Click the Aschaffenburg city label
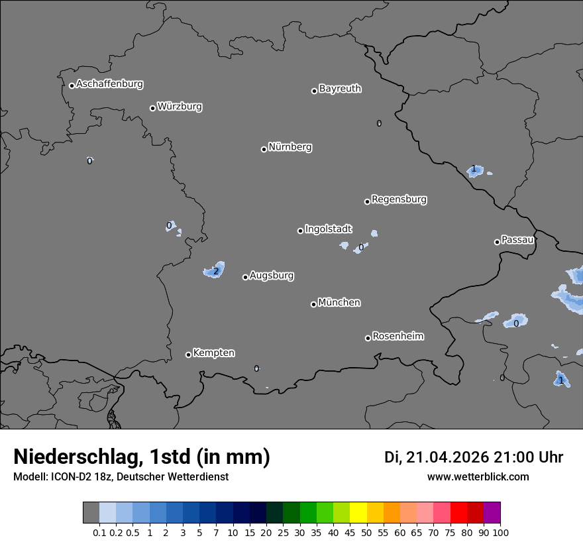109,84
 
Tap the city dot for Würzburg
152,108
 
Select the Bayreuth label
340,88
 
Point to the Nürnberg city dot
264,149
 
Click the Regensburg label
399,199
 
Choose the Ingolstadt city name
329,229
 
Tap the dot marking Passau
497,242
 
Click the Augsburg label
272,275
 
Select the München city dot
313,304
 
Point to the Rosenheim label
397,336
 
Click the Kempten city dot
188,355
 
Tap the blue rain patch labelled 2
215,270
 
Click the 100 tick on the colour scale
500,532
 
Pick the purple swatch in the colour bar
492,513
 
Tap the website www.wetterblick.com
478,476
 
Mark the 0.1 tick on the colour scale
99,532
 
